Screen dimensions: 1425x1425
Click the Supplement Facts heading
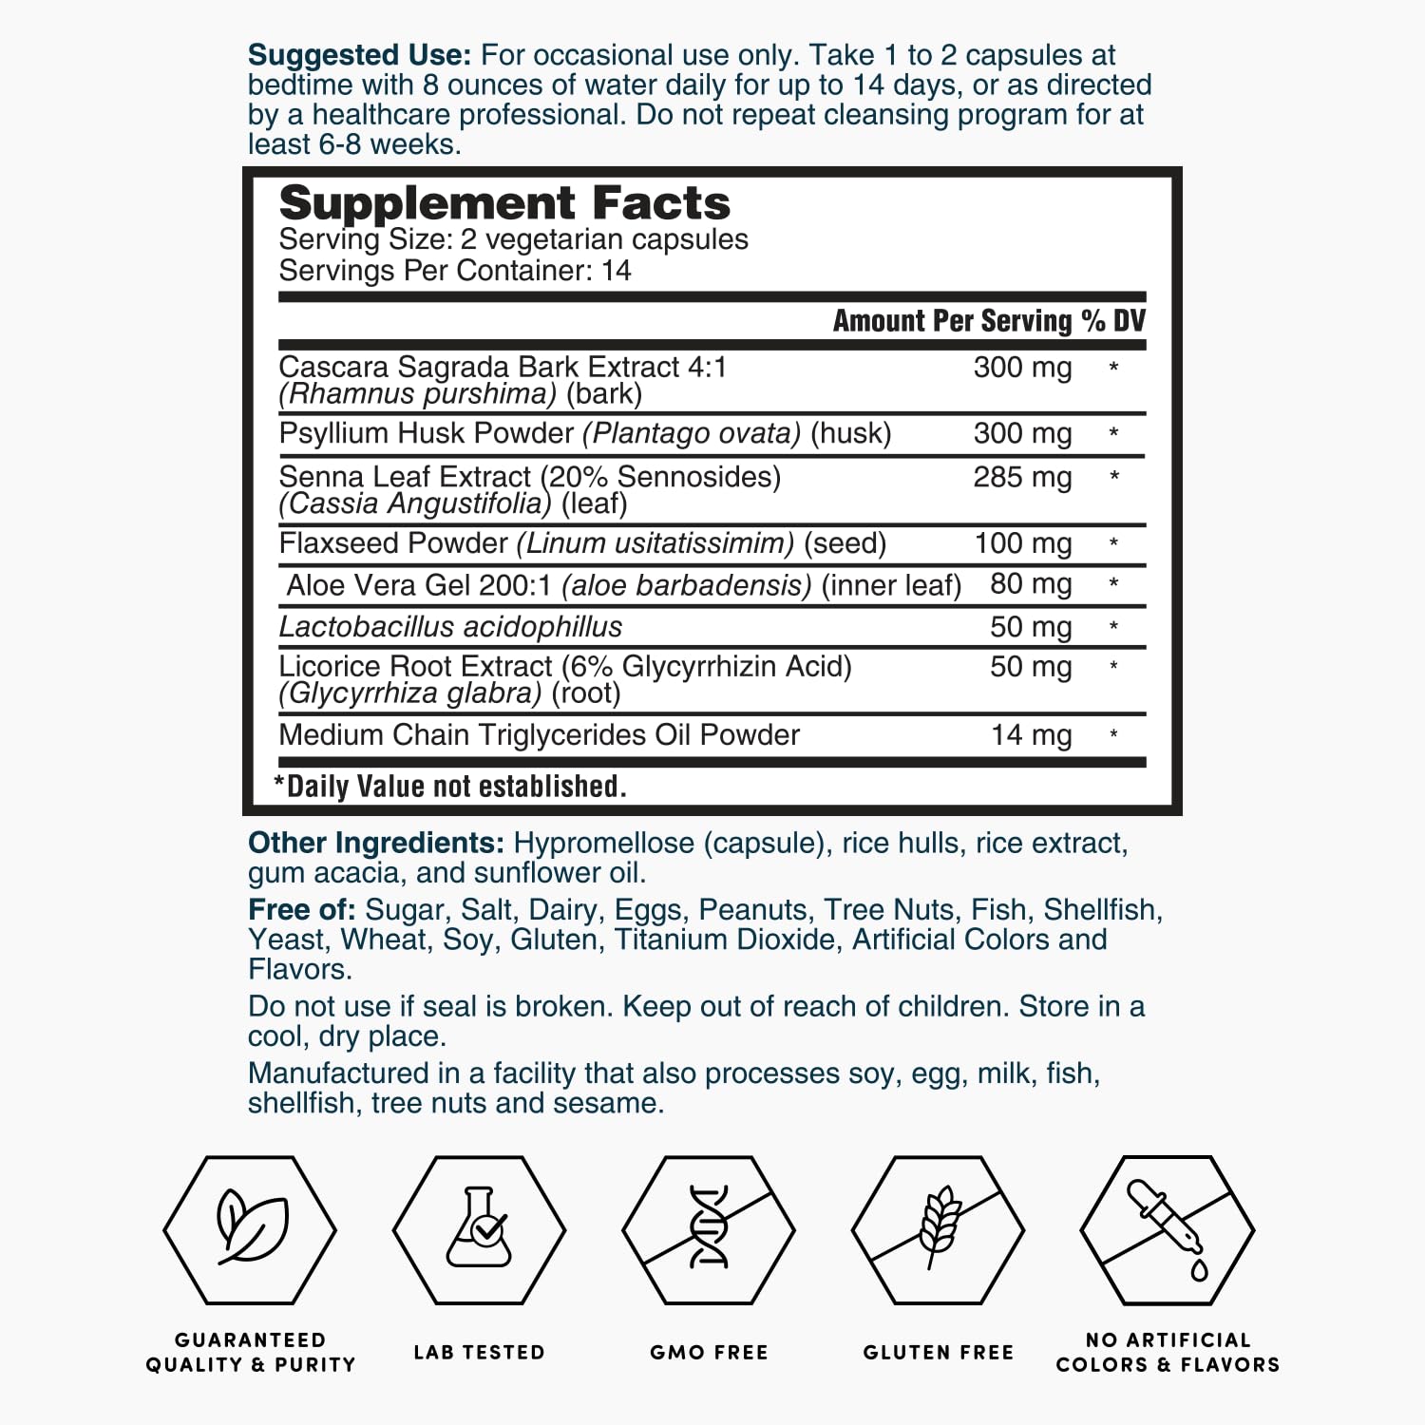[x=504, y=203]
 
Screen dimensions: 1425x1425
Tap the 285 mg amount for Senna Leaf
[x=1022, y=477]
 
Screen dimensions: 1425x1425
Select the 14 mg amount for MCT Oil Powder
[x=1031, y=735]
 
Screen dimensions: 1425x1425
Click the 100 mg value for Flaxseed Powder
[x=1023, y=543]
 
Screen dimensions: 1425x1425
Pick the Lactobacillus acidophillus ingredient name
[x=450, y=627]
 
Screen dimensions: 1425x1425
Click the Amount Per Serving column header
[x=952, y=321]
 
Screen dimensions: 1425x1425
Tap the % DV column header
[x=1113, y=321]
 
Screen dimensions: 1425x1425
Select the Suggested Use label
[x=359, y=55]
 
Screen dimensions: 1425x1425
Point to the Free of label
[x=301, y=910]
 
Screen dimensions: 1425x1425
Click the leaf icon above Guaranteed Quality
[x=250, y=1228]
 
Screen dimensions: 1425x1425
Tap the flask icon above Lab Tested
[x=480, y=1228]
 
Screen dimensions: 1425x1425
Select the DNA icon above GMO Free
[x=709, y=1228]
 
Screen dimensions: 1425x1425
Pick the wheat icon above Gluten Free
[x=939, y=1228]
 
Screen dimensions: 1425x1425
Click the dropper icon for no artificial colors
[x=1168, y=1228]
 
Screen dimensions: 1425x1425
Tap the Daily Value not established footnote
[x=450, y=787]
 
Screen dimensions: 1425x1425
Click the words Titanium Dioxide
[x=726, y=940]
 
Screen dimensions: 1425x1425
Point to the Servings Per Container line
[x=454, y=271]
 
